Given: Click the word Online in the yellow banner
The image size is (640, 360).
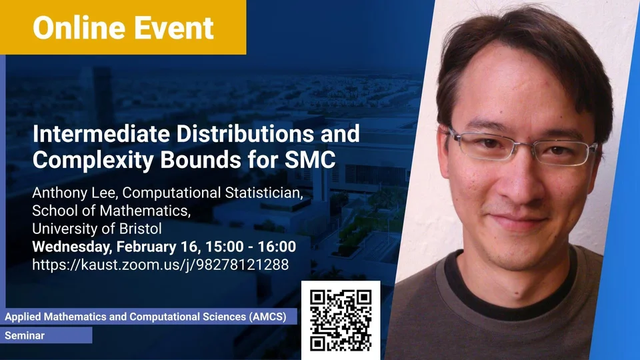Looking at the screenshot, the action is (x=79, y=28).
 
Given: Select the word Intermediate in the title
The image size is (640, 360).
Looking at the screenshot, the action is (x=101, y=133).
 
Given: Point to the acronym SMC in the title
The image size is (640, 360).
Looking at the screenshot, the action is (x=310, y=159).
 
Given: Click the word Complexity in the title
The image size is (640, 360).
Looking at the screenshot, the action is (x=93, y=161).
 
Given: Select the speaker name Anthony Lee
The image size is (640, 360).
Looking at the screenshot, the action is (x=75, y=193).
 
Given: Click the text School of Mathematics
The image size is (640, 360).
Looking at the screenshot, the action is (x=111, y=211).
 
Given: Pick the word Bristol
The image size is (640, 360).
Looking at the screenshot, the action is (x=140, y=229).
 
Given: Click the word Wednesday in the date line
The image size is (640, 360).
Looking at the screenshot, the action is (x=71, y=247).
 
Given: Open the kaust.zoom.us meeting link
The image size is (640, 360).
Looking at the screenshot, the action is (x=161, y=265).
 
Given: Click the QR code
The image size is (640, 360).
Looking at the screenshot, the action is (x=341, y=321).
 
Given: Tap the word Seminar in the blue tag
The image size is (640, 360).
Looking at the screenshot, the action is (x=25, y=335).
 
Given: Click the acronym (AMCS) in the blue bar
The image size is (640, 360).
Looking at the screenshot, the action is (x=267, y=317).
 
